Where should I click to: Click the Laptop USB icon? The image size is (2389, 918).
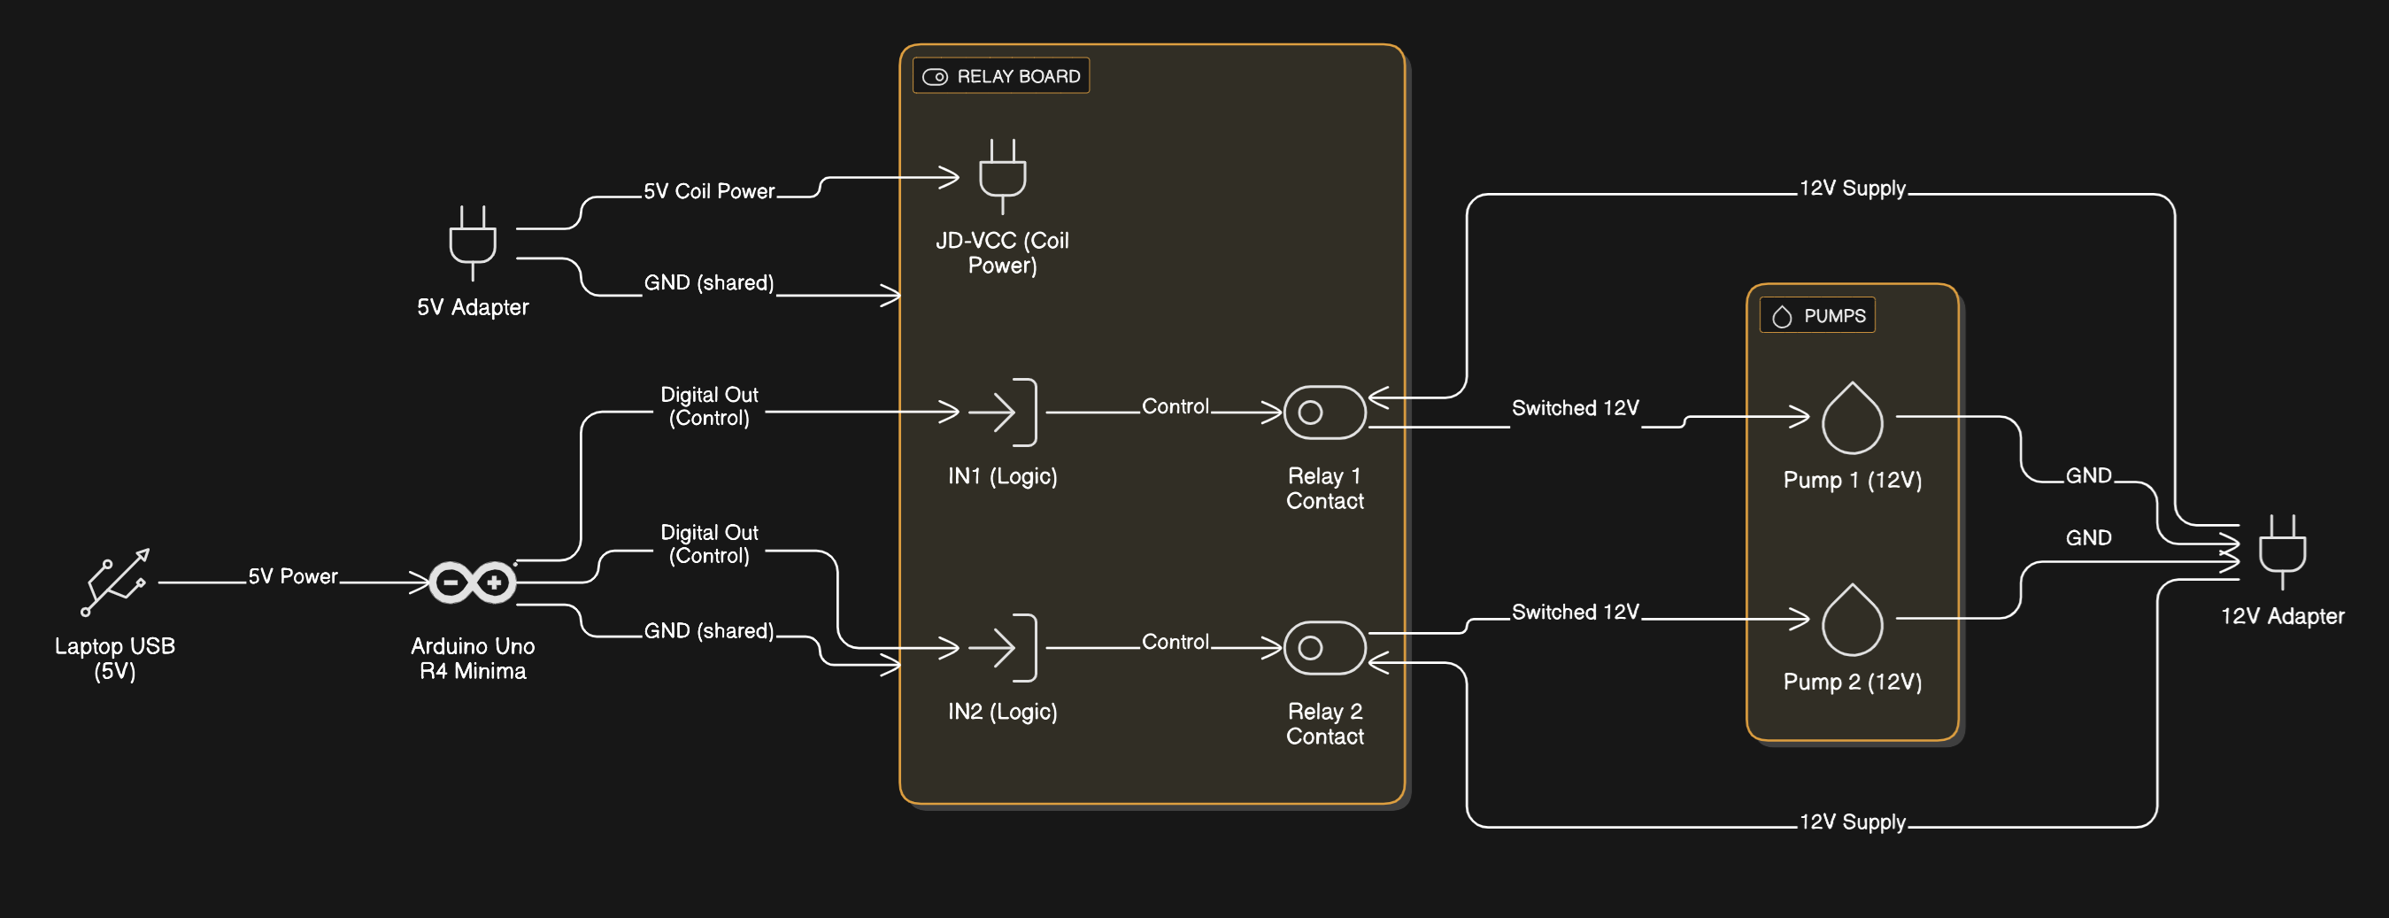pos(115,582)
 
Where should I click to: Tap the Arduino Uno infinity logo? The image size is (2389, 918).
pos(472,582)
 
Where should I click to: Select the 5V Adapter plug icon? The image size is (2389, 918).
pos(472,243)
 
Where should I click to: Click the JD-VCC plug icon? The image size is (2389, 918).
pos(1002,176)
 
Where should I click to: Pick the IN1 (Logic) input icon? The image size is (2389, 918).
pos(1002,412)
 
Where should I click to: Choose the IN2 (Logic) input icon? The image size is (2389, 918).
pos(1002,647)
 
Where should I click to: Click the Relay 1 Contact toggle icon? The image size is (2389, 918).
pos(1324,412)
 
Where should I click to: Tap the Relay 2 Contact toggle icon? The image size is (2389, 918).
pos(1324,647)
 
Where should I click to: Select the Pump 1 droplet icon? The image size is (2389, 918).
pos(1852,418)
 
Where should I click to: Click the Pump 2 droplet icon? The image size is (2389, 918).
pos(1852,620)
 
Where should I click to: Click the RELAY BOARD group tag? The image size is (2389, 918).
pos(1001,76)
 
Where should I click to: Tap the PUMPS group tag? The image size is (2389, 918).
pos(1817,315)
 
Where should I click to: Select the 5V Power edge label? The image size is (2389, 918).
pos(292,575)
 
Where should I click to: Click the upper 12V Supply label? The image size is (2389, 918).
pos(1852,189)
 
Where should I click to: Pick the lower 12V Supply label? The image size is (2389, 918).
pos(1852,822)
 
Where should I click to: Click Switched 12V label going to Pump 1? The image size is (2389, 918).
pos(1575,408)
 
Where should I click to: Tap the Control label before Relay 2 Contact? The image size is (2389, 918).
pos(1175,642)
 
